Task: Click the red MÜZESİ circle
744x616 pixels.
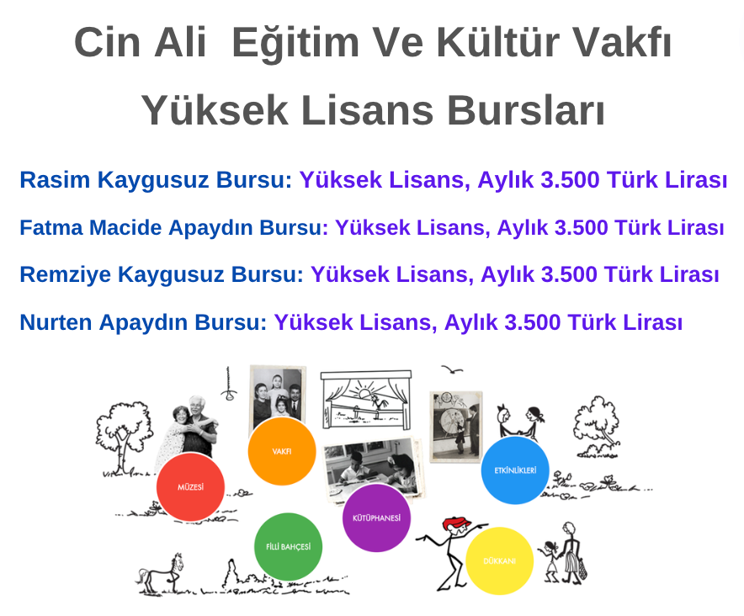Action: point(190,487)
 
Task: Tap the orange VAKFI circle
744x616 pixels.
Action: point(282,451)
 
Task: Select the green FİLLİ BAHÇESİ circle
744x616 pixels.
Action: point(289,547)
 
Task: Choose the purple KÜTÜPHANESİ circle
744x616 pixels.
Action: point(377,518)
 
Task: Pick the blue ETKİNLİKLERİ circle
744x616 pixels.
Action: point(515,470)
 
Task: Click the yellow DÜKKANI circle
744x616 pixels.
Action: point(500,561)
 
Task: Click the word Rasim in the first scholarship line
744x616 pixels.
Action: point(55,180)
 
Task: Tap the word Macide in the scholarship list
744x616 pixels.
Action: point(125,227)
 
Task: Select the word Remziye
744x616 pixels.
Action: point(66,274)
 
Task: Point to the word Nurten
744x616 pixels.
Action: point(56,322)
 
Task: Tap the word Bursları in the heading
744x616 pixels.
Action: point(526,110)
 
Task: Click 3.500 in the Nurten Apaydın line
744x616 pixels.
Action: point(533,322)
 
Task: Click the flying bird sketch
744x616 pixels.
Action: point(452,369)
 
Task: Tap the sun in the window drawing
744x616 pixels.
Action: point(365,394)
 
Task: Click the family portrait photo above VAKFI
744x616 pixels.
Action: point(278,396)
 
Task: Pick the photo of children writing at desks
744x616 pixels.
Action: point(372,467)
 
